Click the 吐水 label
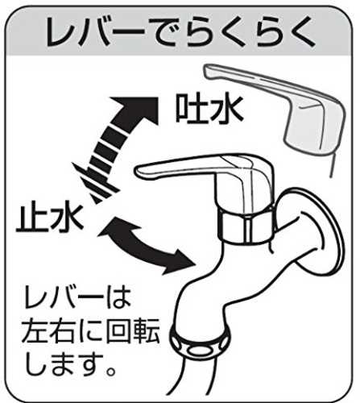[209, 110]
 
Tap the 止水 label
[50, 218]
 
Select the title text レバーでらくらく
[180, 31]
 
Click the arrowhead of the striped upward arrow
[137, 109]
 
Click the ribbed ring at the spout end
[200, 341]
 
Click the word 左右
[48, 331]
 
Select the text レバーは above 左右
[77, 299]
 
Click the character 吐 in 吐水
[191, 110]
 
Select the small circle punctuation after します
[111, 371]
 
